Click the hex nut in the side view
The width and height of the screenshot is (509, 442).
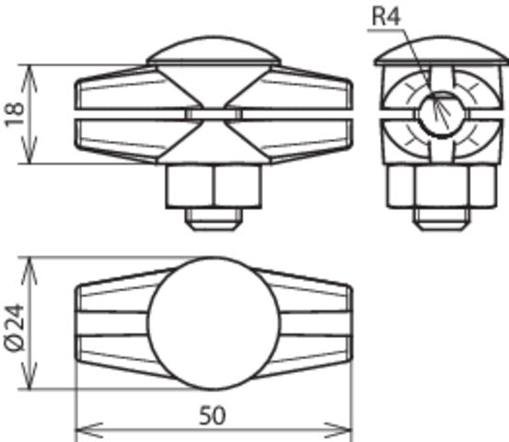437,189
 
